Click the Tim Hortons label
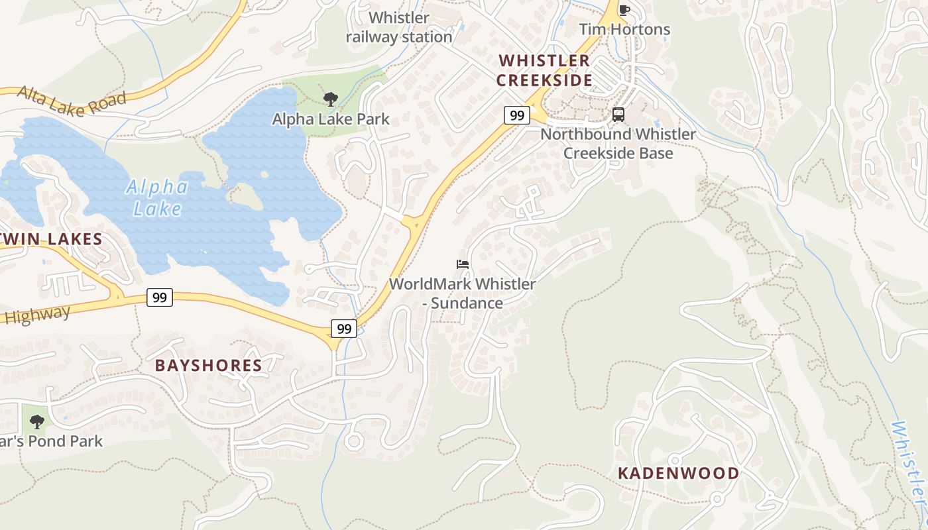click(624, 30)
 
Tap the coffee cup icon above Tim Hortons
click(624, 9)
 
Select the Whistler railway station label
click(399, 28)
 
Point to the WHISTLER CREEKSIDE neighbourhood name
click(544, 70)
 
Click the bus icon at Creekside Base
click(618, 114)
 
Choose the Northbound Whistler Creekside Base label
click(618, 144)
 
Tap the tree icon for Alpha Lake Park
click(330, 99)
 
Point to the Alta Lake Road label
click(72, 101)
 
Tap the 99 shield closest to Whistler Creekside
click(517, 115)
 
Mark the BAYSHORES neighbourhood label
click(209, 365)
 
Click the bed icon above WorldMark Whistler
click(463, 264)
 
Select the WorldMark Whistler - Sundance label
click(463, 293)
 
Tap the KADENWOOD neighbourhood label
click(678, 473)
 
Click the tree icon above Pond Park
click(37, 421)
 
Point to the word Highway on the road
click(36, 315)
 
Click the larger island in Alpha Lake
click(246, 196)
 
